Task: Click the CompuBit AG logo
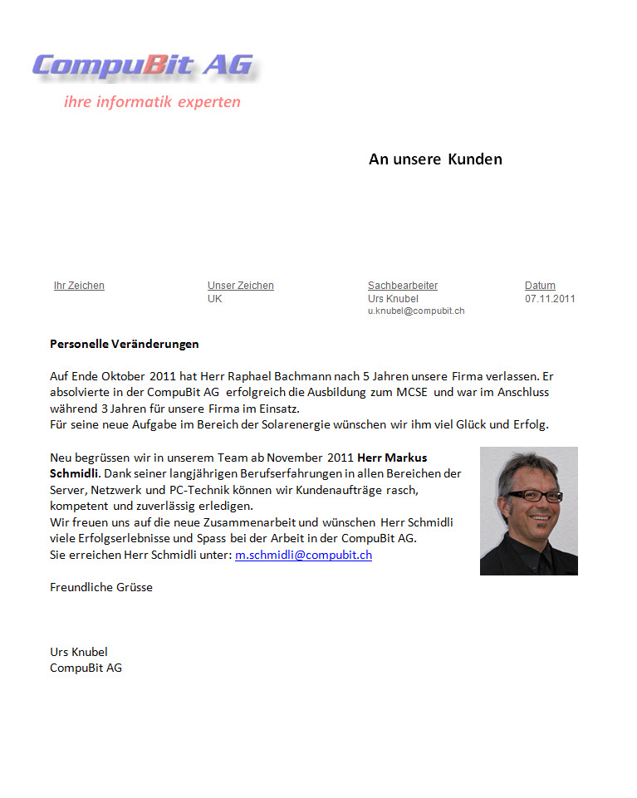tap(143, 66)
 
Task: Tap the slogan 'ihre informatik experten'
tap(152, 102)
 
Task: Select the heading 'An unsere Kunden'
tap(435, 159)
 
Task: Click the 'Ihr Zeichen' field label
tap(79, 286)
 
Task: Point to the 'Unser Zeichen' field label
tap(240, 286)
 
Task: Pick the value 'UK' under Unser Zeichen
tap(215, 299)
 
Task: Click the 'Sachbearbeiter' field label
tap(402, 286)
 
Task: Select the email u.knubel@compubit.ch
tap(415, 311)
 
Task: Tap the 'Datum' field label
tap(540, 286)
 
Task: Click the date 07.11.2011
tap(550, 299)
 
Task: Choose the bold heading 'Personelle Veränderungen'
tap(125, 344)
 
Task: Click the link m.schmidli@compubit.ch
tap(303, 555)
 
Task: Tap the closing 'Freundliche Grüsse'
tap(101, 587)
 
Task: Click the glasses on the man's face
tap(530, 496)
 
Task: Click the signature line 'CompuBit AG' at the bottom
tap(86, 668)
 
